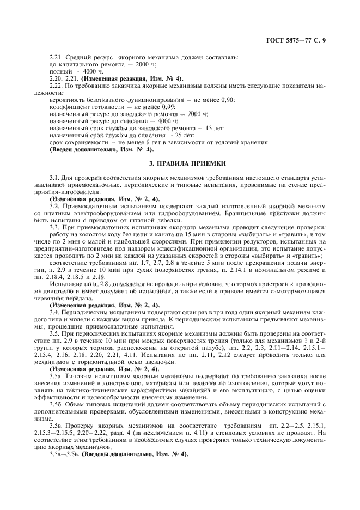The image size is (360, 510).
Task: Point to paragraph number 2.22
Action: click(56, 86)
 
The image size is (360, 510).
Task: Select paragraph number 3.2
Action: click(56, 207)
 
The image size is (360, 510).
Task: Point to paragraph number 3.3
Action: click(56, 228)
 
